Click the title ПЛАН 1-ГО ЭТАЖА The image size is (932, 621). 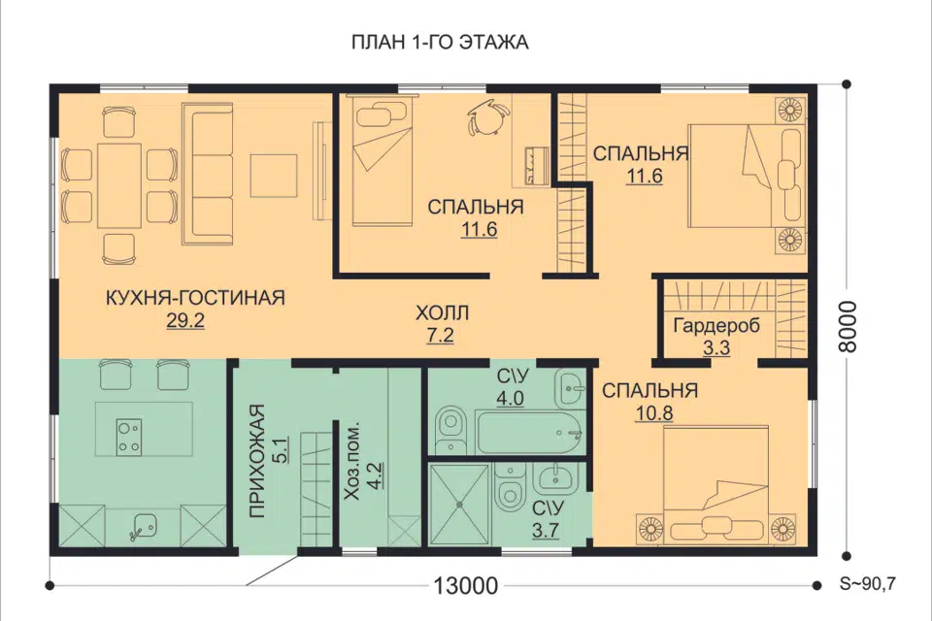tap(440, 43)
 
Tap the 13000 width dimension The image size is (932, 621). tap(465, 586)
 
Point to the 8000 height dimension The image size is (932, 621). tap(849, 326)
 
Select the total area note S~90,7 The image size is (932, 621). tap(867, 584)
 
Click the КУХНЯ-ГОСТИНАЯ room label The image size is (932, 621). tap(195, 297)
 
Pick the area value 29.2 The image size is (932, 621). tap(185, 321)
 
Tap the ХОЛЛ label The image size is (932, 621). tap(442, 312)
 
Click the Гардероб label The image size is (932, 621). tap(716, 326)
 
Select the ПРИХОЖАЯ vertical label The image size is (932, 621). tap(256, 462)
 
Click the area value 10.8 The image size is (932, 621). tap(653, 413)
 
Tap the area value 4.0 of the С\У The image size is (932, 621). tap(511, 398)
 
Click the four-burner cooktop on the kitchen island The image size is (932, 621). tap(129, 438)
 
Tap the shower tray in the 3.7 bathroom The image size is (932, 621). tap(459, 505)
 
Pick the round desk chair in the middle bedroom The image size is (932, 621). tap(487, 117)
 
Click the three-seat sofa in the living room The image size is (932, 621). tap(207, 173)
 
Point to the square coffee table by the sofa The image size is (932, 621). tap(274, 176)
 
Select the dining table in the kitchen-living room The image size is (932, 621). tap(119, 184)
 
